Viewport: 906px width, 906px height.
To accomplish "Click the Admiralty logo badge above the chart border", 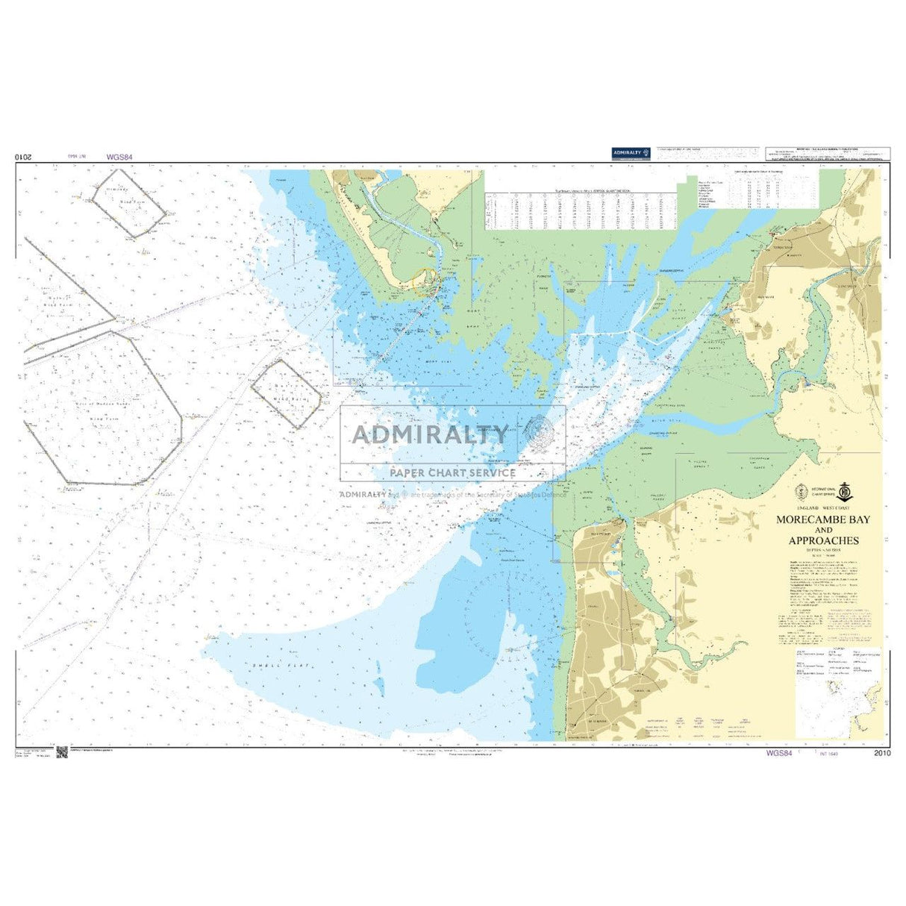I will pyautogui.click(x=631, y=153).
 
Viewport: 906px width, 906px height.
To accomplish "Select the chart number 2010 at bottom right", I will pyautogui.click(x=881, y=753).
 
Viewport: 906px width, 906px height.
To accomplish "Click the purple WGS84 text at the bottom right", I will pyautogui.click(x=778, y=753).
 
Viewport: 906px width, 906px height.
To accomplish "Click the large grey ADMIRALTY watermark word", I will pyautogui.click(x=430, y=434).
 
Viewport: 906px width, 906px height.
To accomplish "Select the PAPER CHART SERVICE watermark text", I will pyautogui.click(x=452, y=472).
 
